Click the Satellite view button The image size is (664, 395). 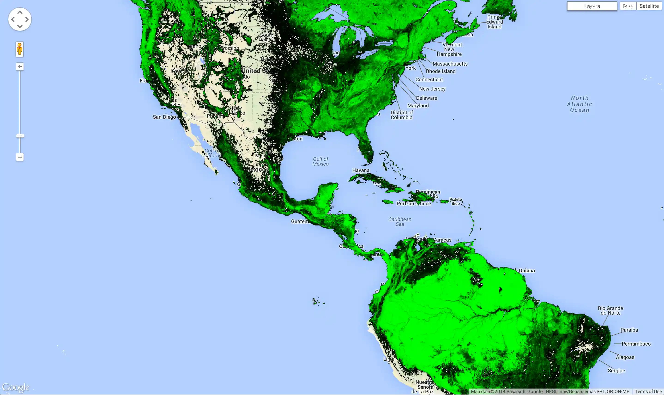[649, 6]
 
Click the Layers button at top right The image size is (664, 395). [592, 6]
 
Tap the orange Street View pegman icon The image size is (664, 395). [19, 49]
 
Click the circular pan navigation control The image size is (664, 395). [20, 19]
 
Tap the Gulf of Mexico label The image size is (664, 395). [320, 161]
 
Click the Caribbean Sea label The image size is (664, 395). [400, 222]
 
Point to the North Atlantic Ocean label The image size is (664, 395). [579, 104]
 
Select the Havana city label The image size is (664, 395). [361, 170]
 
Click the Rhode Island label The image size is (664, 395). [441, 71]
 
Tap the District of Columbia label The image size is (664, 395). [401, 115]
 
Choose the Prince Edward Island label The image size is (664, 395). [495, 22]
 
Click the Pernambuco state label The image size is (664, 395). [636, 344]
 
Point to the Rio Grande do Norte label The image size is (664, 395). [610, 310]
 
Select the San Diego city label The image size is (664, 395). [164, 117]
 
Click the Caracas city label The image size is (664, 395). [442, 240]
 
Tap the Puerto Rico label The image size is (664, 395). [456, 201]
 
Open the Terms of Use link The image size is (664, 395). [648, 392]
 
